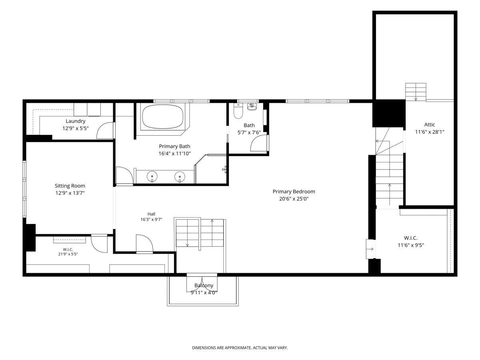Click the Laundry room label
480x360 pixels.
click(x=76, y=121)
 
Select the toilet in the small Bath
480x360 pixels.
click(x=238, y=111)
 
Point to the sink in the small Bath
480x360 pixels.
click(x=252, y=106)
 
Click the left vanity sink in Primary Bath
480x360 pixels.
click(x=152, y=176)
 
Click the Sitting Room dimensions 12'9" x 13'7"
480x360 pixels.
click(x=70, y=193)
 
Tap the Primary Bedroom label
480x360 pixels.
click(x=294, y=192)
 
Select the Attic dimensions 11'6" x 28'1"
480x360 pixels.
click(x=430, y=132)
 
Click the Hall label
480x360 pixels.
click(x=151, y=214)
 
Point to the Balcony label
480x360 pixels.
click(x=204, y=286)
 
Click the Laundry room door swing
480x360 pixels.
click(x=106, y=130)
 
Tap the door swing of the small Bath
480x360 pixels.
click(x=259, y=143)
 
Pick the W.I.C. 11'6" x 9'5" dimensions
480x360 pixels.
click(x=411, y=245)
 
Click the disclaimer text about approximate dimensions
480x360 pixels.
click(x=240, y=348)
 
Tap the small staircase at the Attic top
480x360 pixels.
click(x=416, y=92)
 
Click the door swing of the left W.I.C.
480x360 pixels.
click(x=99, y=244)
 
